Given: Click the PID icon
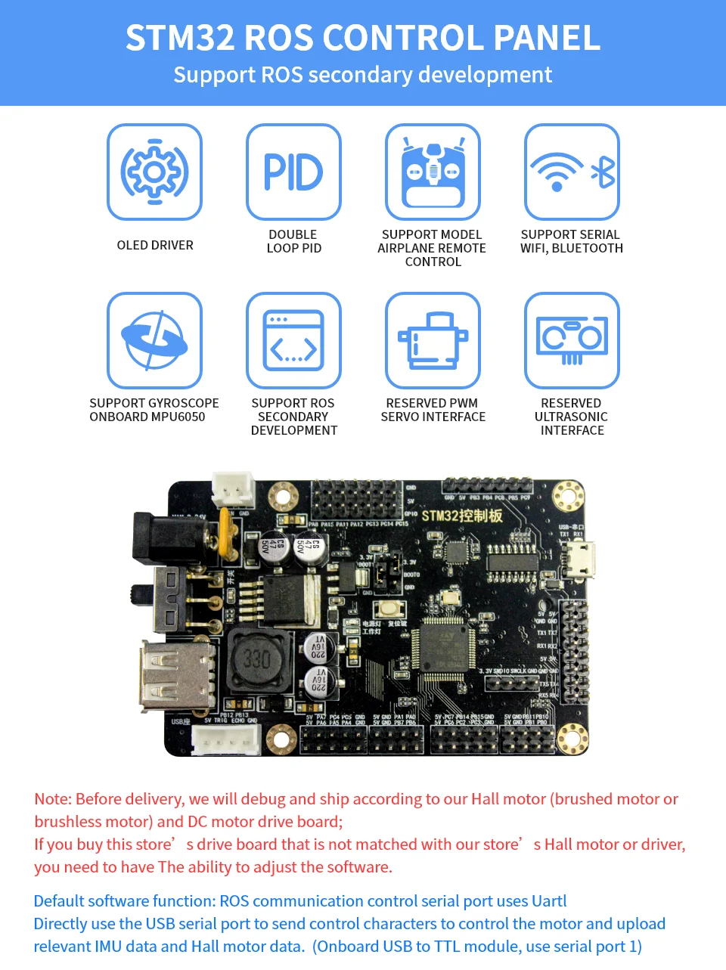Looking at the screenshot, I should tap(293, 172).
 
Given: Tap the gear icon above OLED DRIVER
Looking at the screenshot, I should tap(154, 172).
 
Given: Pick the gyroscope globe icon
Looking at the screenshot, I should tap(154, 340).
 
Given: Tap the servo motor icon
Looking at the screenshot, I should tap(433, 340).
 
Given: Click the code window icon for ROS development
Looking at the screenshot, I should tap(293, 340).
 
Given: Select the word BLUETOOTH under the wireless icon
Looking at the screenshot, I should tap(588, 249).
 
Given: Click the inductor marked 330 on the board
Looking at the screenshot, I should tap(257, 659).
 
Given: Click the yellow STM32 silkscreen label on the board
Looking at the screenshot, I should tap(462, 516).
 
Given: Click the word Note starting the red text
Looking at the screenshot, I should tap(52, 799).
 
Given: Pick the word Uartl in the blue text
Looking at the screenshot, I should tap(548, 901).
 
